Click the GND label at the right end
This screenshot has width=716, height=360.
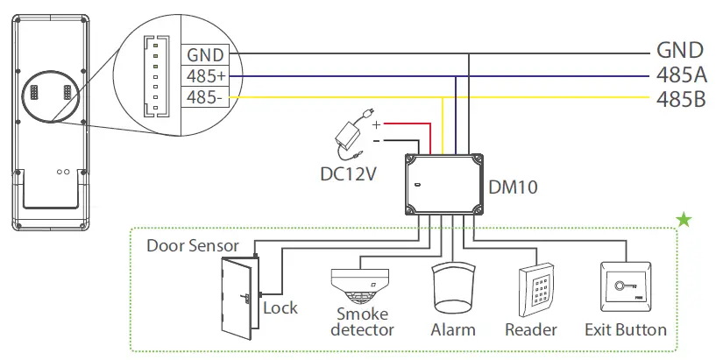pyautogui.click(x=680, y=51)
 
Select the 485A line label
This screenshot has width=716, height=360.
pyautogui.click(x=681, y=74)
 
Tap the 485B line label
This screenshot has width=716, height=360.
pyautogui.click(x=681, y=98)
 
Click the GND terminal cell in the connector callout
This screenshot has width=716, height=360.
pyautogui.click(x=205, y=54)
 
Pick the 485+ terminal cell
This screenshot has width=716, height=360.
pyautogui.click(x=205, y=76)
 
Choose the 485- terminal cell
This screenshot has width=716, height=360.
pyautogui.click(x=205, y=97)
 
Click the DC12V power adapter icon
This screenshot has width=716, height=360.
pyautogui.click(x=351, y=133)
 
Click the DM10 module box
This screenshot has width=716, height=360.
pyautogui.click(x=445, y=186)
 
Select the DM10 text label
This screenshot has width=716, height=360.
pyautogui.click(x=512, y=186)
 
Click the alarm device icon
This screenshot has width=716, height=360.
pyautogui.click(x=453, y=288)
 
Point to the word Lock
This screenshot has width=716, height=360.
pyautogui.click(x=280, y=308)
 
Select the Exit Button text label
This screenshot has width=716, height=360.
pyautogui.click(x=626, y=330)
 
